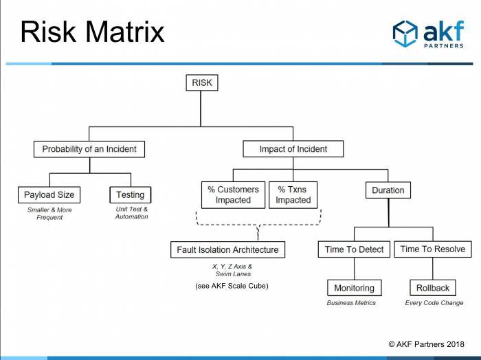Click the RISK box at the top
(x=202, y=82)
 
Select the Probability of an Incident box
(x=89, y=149)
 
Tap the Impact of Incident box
(x=293, y=149)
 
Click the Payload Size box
(x=49, y=194)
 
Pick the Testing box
(x=131, y=194)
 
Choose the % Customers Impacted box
(x=233, y=195)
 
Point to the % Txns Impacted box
(x=293, y=195)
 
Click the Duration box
(x=388, y=190)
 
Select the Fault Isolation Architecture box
(x=227, y=249)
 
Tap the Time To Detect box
(x=354, y=249)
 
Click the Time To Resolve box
(x=432, y=249)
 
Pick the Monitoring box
(x=355, y=288)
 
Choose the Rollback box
(x=433, y=288)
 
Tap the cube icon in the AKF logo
(x=405, y=34)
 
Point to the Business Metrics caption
(x=351, y=303)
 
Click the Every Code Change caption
(x=434, y=303)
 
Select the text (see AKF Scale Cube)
(x=232, y=286)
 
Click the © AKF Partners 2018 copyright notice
(x=427, y=344)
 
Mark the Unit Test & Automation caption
(x=132, y=213)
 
